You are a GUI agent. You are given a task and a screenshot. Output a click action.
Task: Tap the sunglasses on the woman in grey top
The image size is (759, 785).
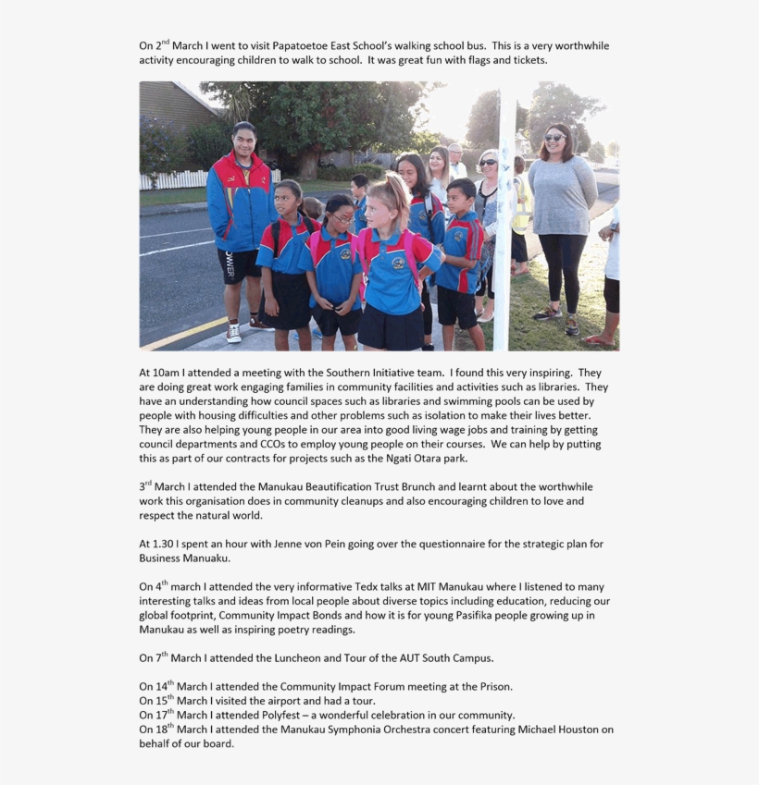pos(554,138)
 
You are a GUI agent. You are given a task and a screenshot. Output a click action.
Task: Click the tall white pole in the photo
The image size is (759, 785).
pos(503,222)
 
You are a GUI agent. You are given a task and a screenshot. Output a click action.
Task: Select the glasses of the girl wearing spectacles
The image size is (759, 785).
pos(341,218)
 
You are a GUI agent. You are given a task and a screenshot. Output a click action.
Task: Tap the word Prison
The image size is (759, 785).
pos(491,687)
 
